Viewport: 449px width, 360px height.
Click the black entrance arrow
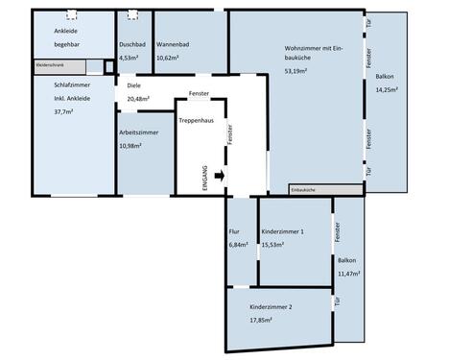click(220, 176)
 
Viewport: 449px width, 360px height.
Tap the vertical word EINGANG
click(203, 179)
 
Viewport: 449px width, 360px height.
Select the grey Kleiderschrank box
click(59, 67)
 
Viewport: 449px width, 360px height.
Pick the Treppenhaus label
click(197, 120)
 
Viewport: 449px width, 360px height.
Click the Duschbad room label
click(132, 45)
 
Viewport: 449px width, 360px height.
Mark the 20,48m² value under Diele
click(139, 98)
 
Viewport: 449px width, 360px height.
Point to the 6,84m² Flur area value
click(239, 245)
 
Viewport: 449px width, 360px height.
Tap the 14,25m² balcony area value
click(388, 88)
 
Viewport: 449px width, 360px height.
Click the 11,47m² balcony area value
click(348, 274)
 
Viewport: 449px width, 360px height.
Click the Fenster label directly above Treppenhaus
click(200, 94)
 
